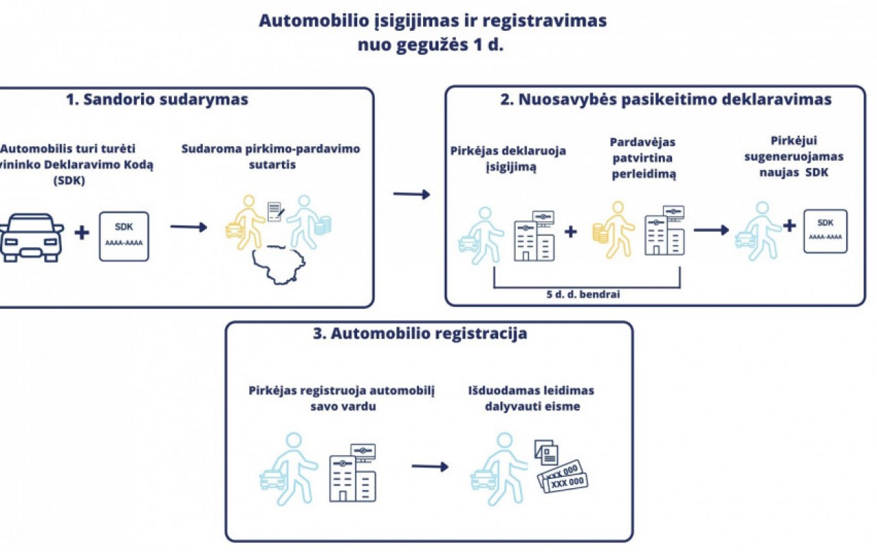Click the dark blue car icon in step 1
[x=32, y=237]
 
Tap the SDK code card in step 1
[x=123, y=235]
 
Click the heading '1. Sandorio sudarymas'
[x=157, y=100]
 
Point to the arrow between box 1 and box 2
[x=411, y=195]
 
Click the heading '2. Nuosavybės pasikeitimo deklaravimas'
[x=666, y=100]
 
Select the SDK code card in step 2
[x=825, y=231]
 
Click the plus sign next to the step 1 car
[x=82, y=232]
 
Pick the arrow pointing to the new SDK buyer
[x=711, y=230]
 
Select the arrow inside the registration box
[x=429, y=466]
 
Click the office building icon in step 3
[x=353, y=472]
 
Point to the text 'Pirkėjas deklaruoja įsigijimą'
[x=509, y=159]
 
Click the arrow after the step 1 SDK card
[x=188, y=227]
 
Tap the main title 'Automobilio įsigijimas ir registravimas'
[x=432, y=20]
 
